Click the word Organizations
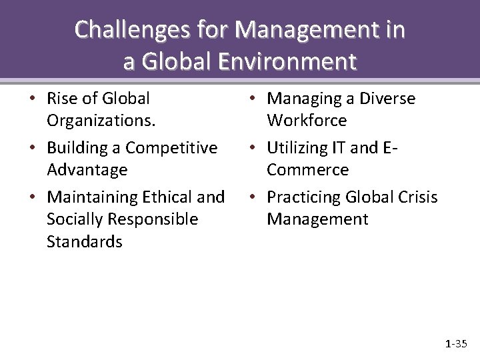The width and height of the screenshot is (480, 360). coord(91,121)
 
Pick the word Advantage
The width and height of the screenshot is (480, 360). coord(87,170)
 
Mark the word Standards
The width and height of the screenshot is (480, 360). coord(84,241)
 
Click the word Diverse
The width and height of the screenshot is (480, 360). coord(387,99)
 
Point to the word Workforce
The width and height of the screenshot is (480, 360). coord(307,121)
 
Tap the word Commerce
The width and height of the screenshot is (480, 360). coord(307,170)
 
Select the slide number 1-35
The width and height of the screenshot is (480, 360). coord(457,344)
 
